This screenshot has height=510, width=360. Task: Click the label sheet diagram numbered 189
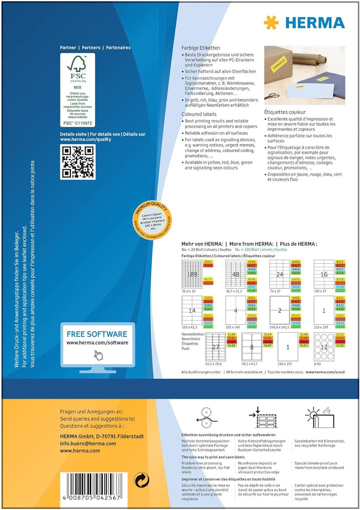click(x=191, y=274)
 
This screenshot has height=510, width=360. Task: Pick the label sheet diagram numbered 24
click(x=279, y=274)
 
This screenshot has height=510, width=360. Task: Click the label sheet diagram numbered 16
click(x=323, y=274)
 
